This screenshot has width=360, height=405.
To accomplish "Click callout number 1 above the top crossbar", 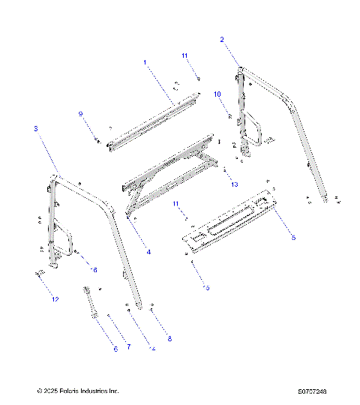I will [x=145, y=61].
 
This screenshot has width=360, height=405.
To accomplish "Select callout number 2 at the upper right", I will [x=221, y=38].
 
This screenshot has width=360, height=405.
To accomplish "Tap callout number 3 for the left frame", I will [x=35, y=129].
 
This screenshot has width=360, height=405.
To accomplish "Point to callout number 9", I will [x=81, y=113].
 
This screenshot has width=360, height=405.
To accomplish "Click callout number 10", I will [x=217, y=94].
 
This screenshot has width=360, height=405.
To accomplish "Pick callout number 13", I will [x=235, y=184].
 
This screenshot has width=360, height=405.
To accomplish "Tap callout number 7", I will [x=128, y=346].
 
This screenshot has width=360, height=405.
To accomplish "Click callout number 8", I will [x=169, y=339].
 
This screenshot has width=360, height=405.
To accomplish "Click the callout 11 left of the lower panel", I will [x=176, y=204].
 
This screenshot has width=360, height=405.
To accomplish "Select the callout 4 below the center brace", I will [x=148, y=253].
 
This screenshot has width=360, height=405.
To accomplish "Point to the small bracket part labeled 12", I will [x=37, y=275].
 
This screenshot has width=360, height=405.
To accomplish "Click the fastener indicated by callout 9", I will [x=97, y=139].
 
